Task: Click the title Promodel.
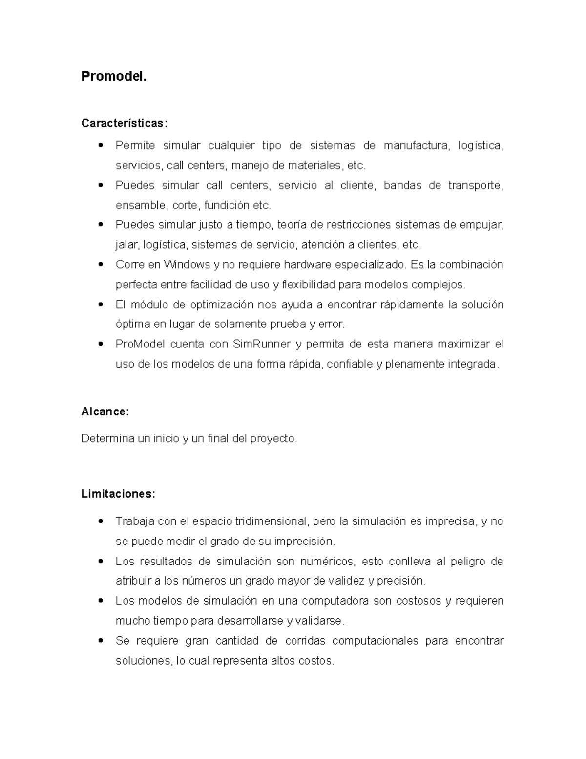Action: tap(113, 77)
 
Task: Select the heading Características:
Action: tap(124, 123)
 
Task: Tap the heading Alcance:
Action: tap(105, 412)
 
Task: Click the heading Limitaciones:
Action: tap(118, 494)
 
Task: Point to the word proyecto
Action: tap(272, 439)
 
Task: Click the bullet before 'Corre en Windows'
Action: tap(101, 264)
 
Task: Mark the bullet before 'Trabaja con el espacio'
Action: tap(101, 521)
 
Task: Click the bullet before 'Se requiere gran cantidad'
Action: tap(101, 640)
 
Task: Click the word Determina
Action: tap(107, 439)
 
